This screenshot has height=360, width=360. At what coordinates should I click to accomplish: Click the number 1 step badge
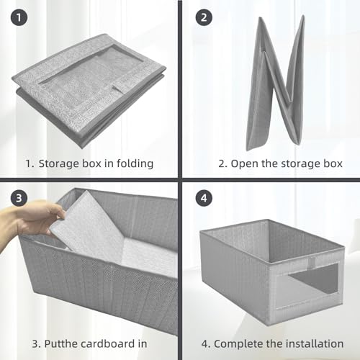[16, 17]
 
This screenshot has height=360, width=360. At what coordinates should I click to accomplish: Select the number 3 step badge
[16, 197]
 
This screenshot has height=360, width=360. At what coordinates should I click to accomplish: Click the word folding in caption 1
[134, 163]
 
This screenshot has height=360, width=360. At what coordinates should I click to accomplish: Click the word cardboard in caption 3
[99, 343]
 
